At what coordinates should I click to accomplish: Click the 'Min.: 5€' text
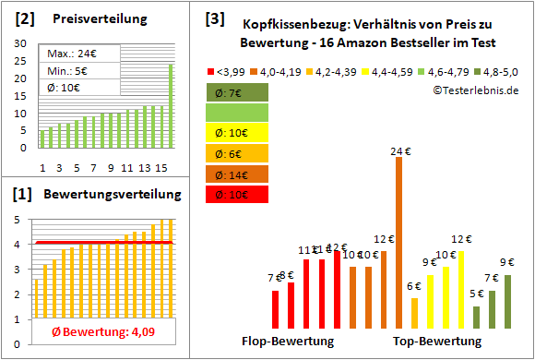point(69,69)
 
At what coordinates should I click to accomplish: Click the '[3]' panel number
point(214,18)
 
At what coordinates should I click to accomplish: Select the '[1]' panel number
point(25,195)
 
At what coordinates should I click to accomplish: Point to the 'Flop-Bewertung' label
point(287,342)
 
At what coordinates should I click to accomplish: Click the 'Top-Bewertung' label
point(437,342)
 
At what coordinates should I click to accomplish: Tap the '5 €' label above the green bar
point(476,294)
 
